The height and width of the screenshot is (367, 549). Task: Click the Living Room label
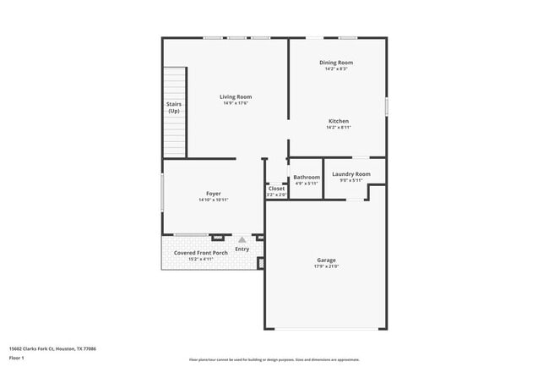pos(236,96)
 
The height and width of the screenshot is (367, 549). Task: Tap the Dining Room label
pos(335,63)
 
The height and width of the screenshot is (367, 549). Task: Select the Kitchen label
pos(338,121)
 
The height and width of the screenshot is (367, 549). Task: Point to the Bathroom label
pos(306,178)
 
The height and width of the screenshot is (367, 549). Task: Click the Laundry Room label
pos(351,174)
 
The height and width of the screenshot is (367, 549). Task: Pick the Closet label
pos(276,189)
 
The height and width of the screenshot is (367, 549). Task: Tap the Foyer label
pos(213,194)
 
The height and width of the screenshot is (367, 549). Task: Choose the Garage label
pos(326,260)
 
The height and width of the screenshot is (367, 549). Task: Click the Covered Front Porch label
pos(201,253)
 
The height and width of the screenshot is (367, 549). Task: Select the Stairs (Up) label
pos(174,108)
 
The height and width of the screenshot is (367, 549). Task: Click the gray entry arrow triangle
pos(242,240)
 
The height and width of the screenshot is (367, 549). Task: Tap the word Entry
pos(242,249)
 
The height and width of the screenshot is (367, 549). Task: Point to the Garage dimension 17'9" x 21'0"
pos(326,266)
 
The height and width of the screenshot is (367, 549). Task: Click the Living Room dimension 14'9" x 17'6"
pos(236,103)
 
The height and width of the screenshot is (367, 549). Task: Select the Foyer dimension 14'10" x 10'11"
pos(213,200)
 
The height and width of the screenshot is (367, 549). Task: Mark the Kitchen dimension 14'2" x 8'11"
pos(338,128)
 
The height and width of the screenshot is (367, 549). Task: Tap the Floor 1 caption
pos(17,359)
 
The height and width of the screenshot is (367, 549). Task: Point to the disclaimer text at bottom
pos(274,359)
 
